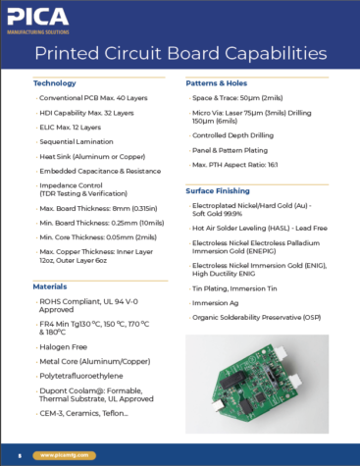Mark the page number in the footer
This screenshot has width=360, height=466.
20,456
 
